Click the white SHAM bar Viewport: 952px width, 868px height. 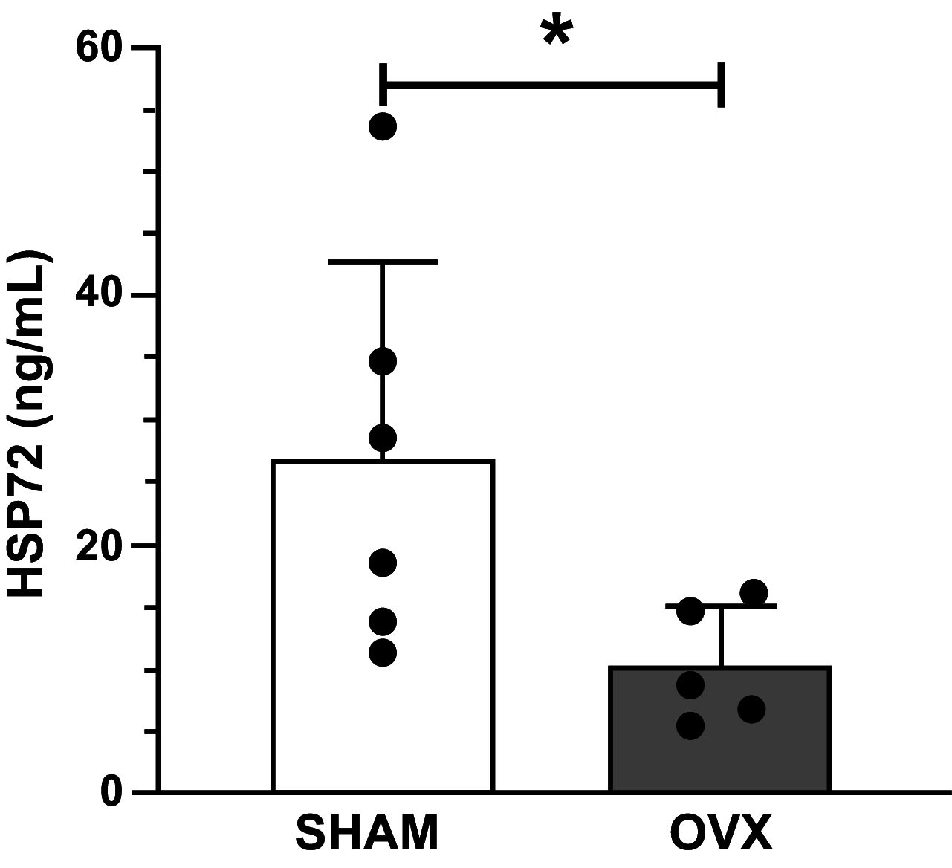pos(383,706)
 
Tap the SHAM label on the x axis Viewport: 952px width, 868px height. pos(368,835)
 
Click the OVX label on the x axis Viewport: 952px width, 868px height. pos(721,835)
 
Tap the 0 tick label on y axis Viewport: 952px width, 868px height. pos(111,792)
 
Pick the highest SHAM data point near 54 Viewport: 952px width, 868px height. pos(383,127)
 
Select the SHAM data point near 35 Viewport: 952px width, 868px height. pos(383,362)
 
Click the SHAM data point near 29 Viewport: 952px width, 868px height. pos(383,438)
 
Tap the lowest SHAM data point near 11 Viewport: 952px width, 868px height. pos(383,652)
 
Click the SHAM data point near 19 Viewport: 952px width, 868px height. pos(383,563)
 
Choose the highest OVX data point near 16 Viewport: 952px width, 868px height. pos(754,592)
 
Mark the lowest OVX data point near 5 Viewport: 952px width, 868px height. pos(690,725)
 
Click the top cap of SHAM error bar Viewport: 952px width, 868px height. pos(383,262)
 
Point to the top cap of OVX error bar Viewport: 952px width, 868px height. pos(721,606)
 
